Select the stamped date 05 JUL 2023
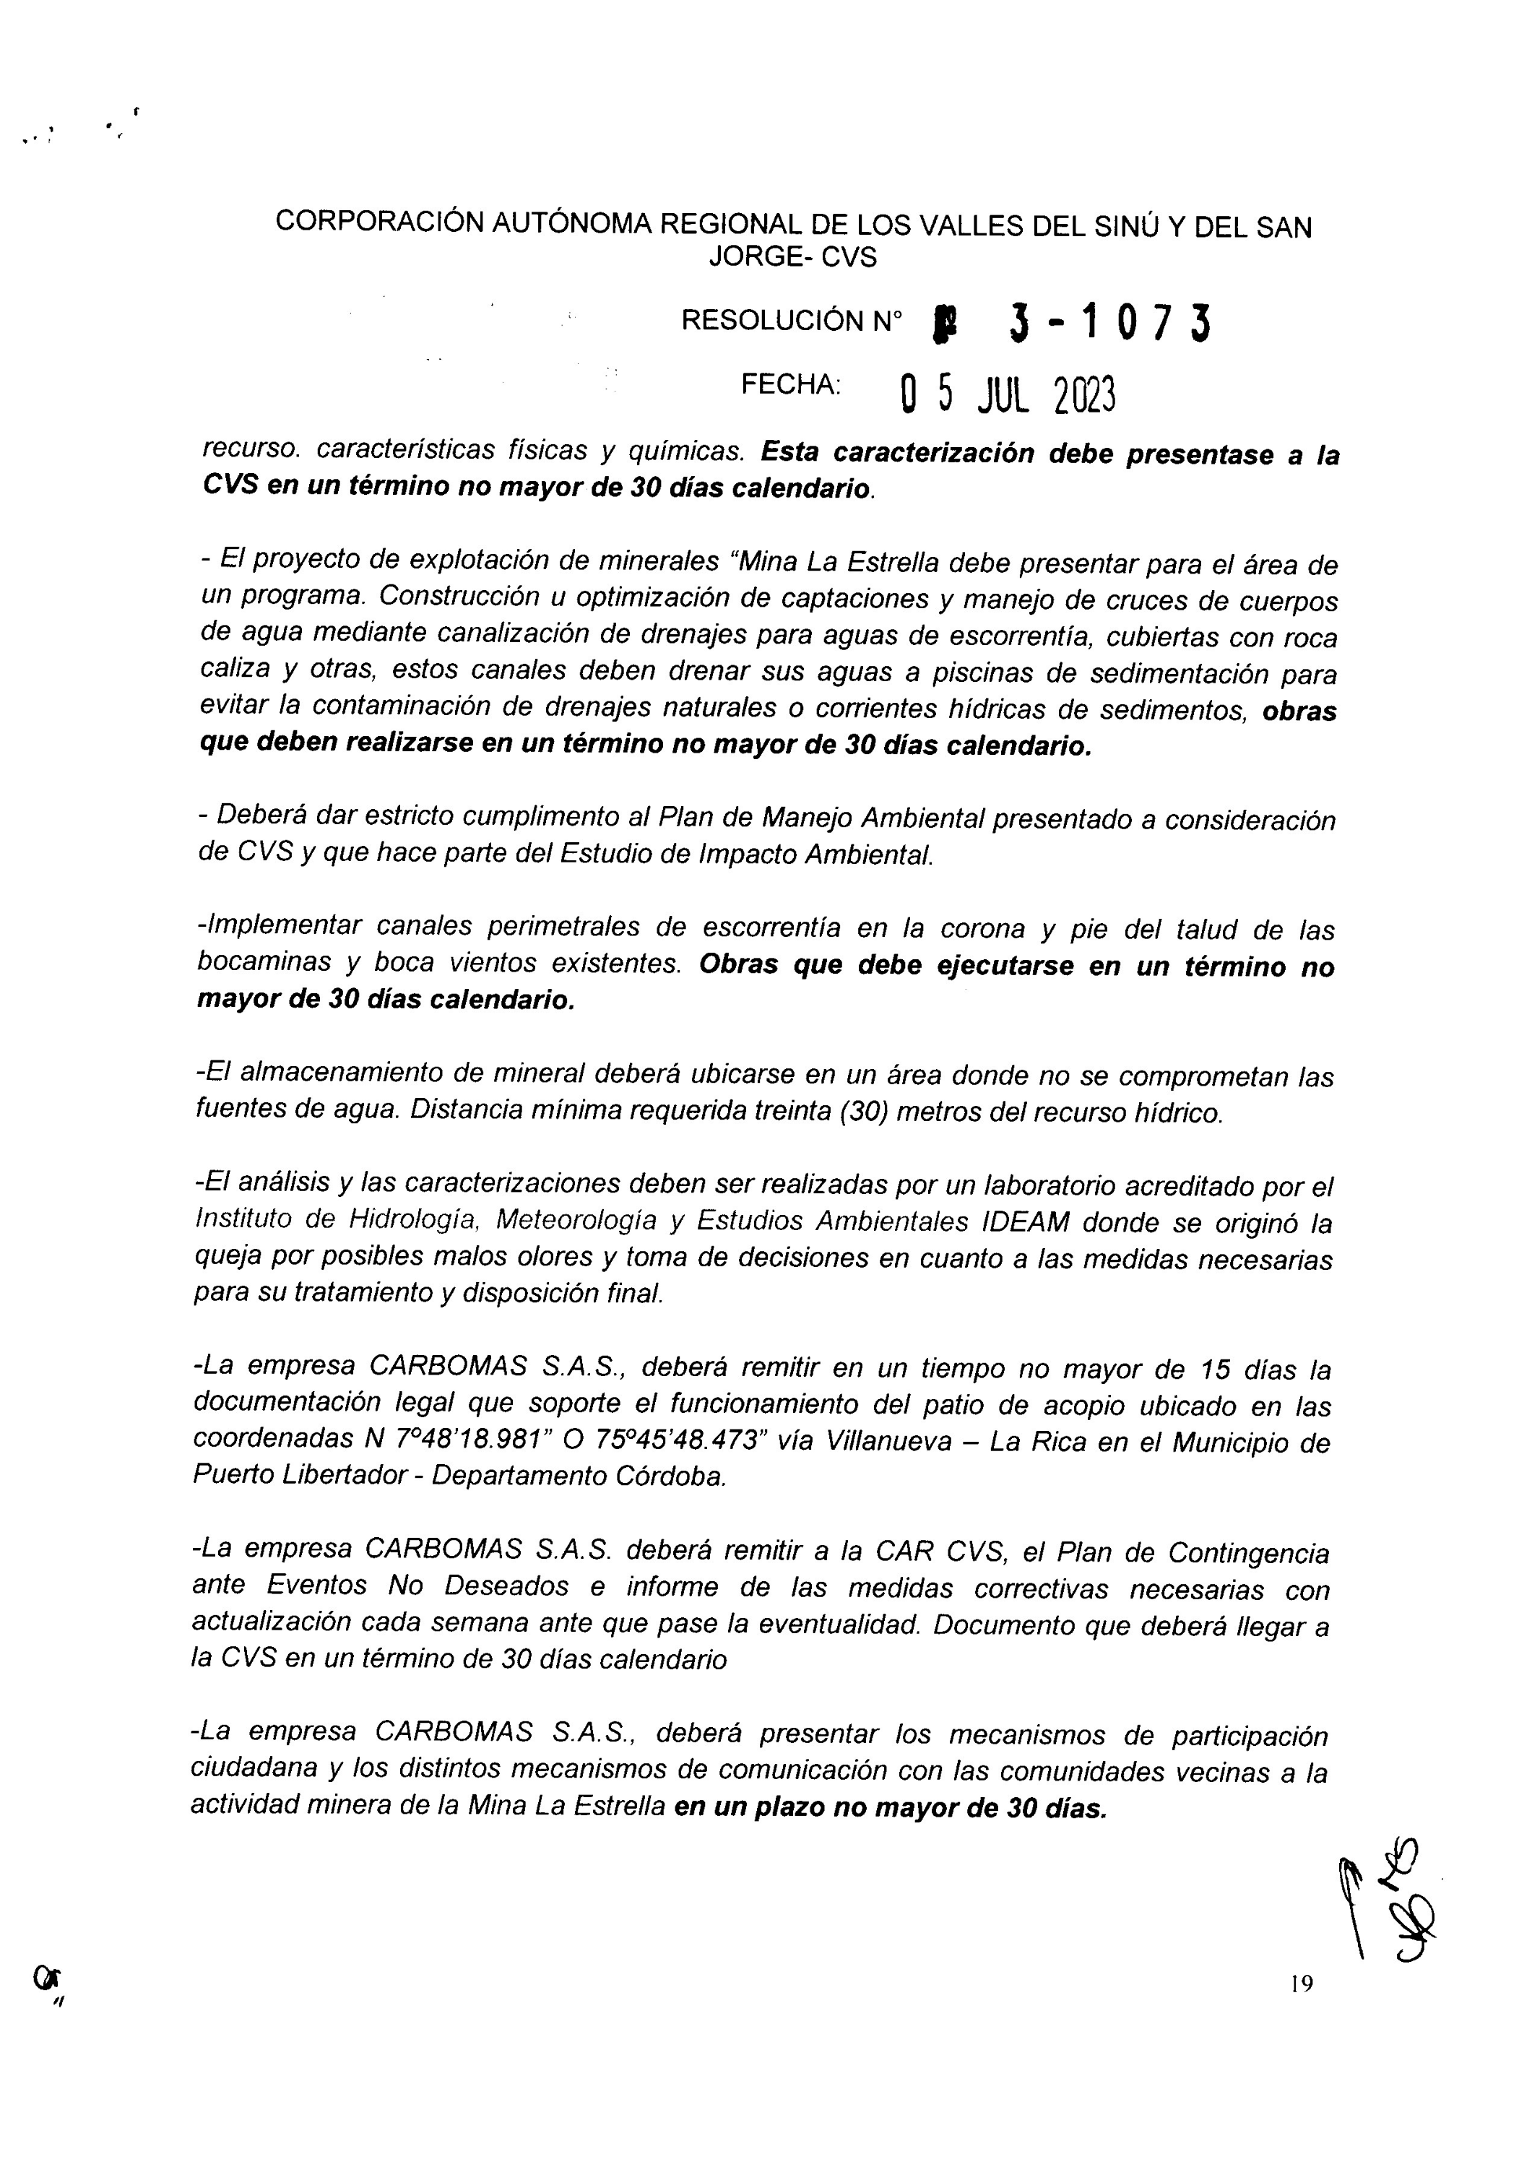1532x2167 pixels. (x=1008, y=395)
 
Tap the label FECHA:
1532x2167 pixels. (x=790, y=384)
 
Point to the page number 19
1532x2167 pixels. (x=1301, y=1984)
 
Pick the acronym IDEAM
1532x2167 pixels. (x=1025, y=1222)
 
